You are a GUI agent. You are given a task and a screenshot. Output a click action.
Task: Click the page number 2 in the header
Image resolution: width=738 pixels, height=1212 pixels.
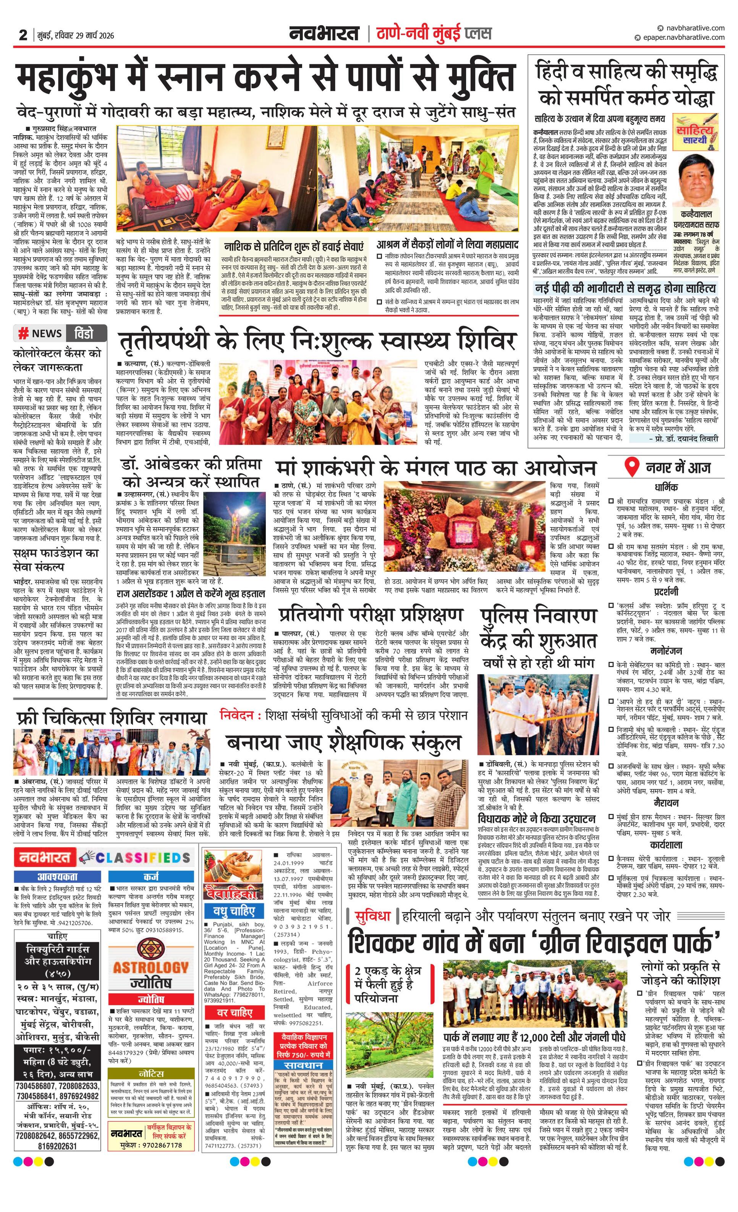click(23, 35)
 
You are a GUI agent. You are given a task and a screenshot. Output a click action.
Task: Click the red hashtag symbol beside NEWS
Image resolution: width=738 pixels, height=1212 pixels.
click(23, 334)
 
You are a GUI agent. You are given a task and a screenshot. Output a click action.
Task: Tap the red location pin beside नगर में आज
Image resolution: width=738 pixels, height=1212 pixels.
click(630, 467)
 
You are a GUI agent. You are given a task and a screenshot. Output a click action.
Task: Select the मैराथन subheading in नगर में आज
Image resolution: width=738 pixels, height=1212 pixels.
click(666, 803)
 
